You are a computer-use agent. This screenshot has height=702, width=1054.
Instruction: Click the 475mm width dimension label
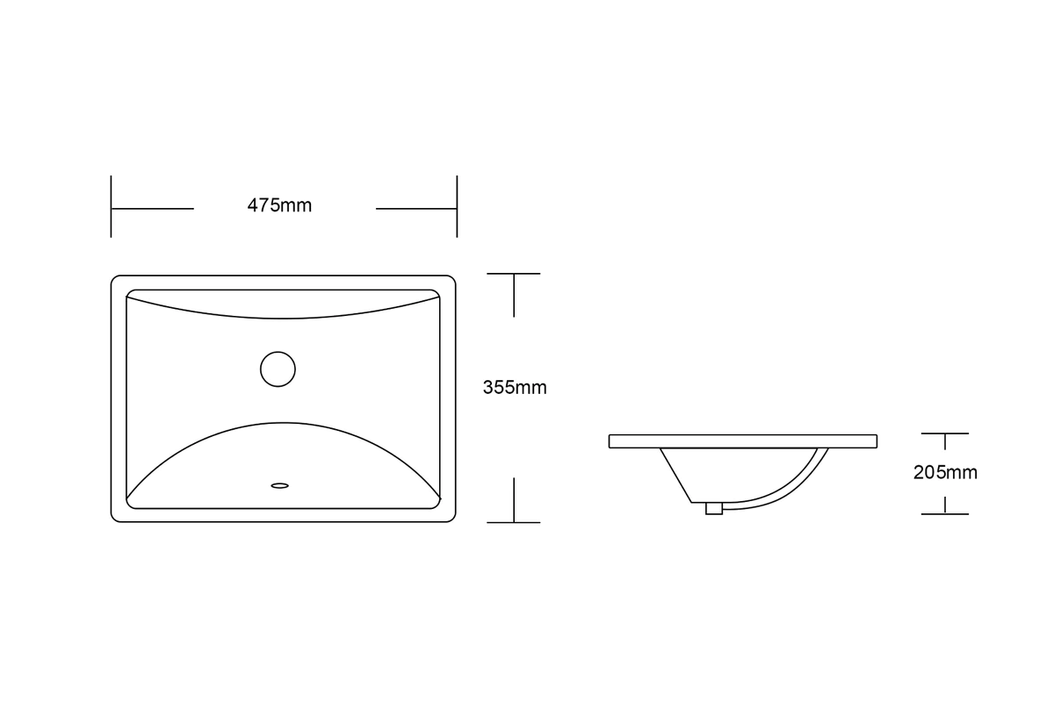279,205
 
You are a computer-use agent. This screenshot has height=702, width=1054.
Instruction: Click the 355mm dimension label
515,388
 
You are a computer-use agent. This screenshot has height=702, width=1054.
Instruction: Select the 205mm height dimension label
945,473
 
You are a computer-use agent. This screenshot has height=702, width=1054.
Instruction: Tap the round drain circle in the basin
278,369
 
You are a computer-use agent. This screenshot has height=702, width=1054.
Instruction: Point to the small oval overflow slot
280,486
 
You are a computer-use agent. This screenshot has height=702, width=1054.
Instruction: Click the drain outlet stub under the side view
714,508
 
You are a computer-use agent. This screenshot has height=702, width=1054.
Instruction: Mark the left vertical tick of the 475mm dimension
111,206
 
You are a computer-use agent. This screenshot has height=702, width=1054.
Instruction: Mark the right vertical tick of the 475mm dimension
457,206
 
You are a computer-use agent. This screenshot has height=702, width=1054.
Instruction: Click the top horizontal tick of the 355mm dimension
513,274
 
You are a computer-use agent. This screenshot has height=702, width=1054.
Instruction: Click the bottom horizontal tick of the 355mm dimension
513,522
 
